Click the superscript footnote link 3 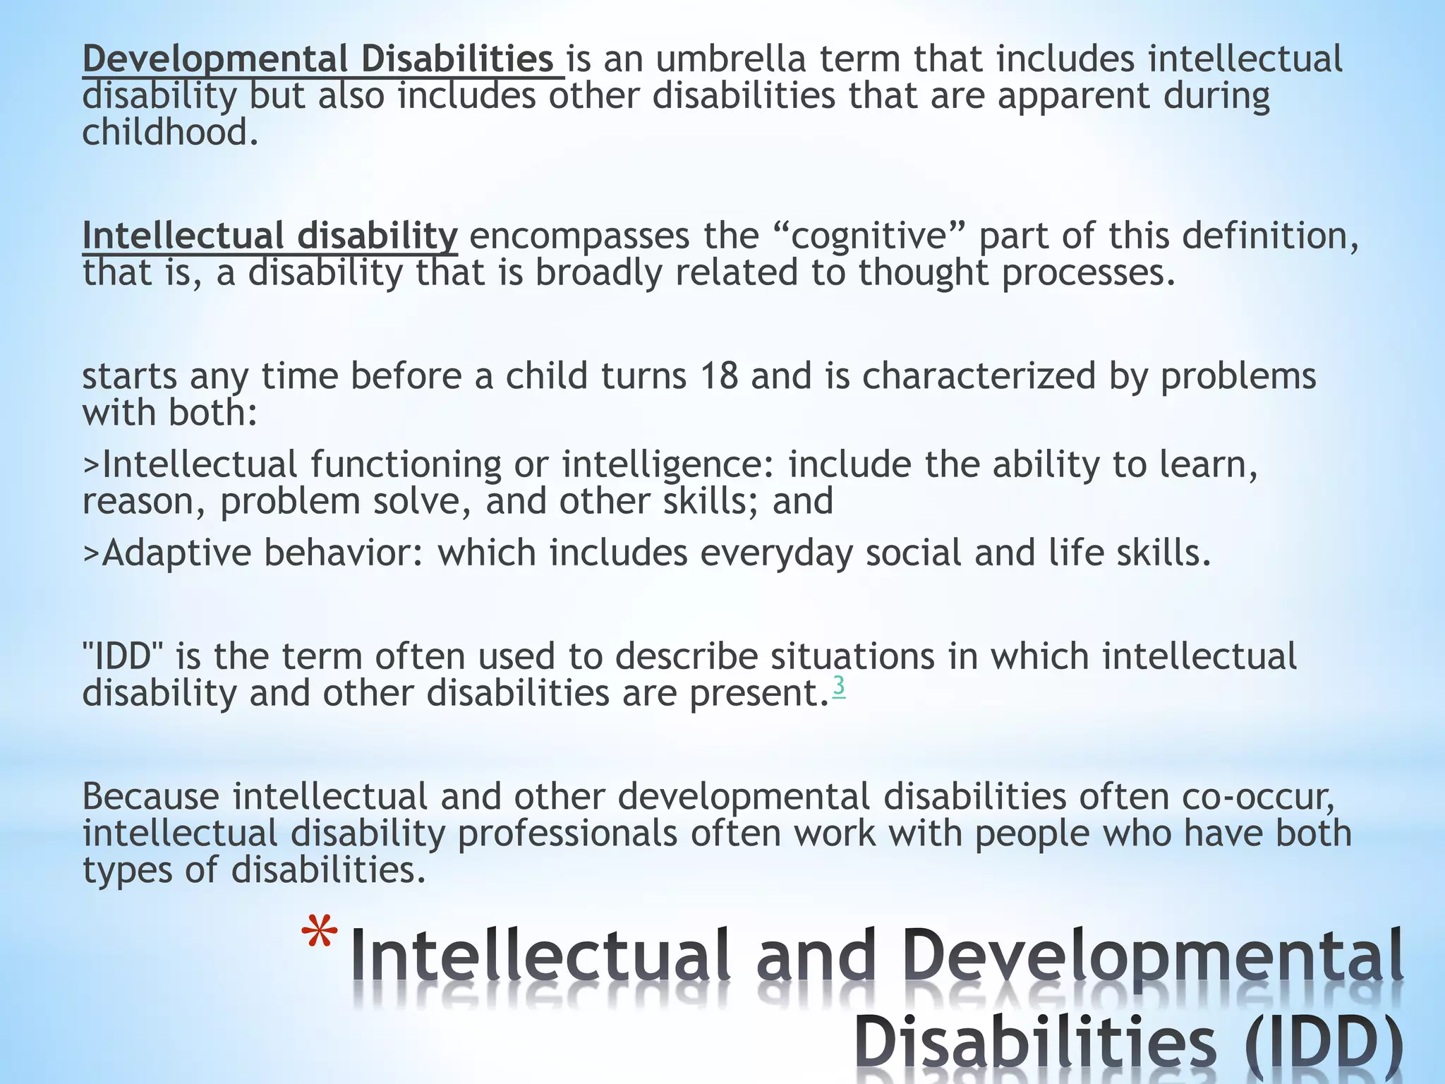(838, 686)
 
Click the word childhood (170, 133)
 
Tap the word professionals (567, 833)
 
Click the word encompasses (579, 236)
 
